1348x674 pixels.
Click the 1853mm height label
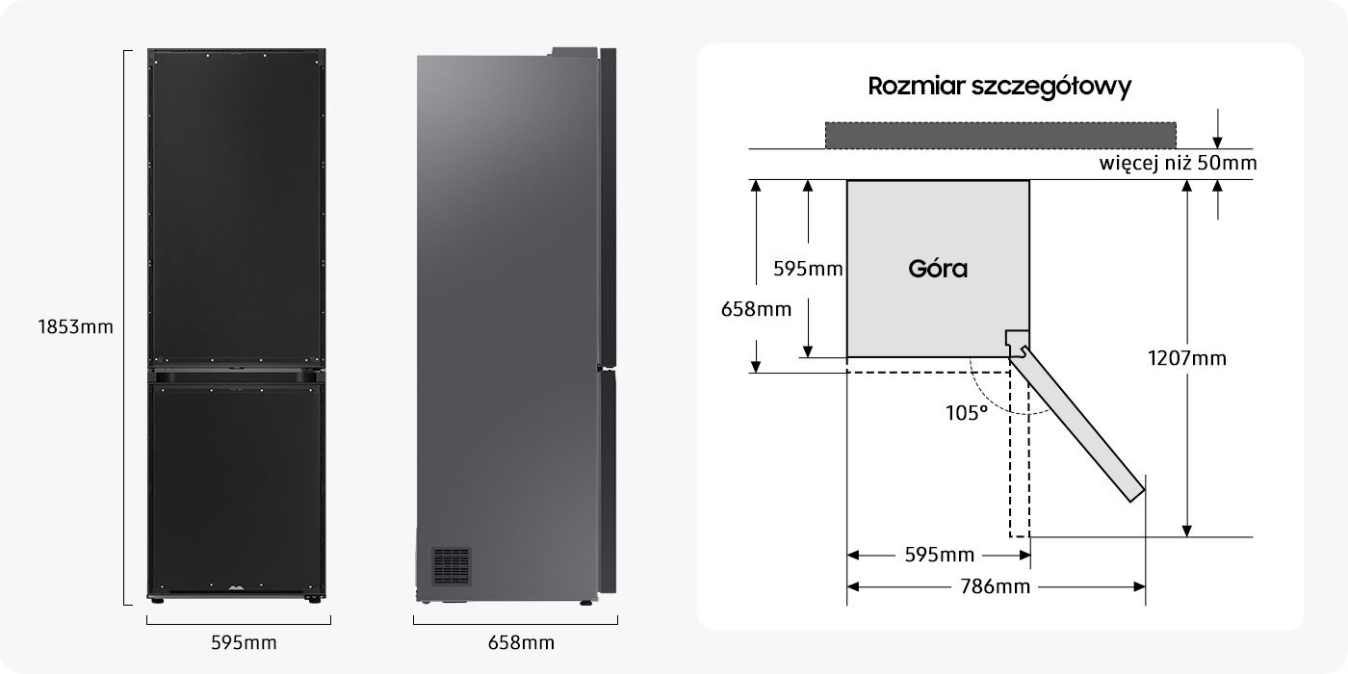tap(75, 327)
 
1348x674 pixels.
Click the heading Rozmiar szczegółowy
tap(999, 87)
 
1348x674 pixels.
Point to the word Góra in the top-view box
tap(938, 269)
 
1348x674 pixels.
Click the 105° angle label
tap(966, 412)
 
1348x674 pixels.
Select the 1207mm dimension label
tap(1187, 358)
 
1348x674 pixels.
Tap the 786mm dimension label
tap(996, 586)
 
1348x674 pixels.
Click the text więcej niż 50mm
tap(1178, 164)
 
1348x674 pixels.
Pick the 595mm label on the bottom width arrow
tap(939, 555)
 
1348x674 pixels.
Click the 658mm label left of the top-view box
tap(756, 309)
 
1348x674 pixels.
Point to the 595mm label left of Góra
tap(808, 269)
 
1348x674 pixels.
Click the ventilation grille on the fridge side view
tap(451, 565)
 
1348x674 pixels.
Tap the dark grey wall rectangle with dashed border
tap(999, 136)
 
